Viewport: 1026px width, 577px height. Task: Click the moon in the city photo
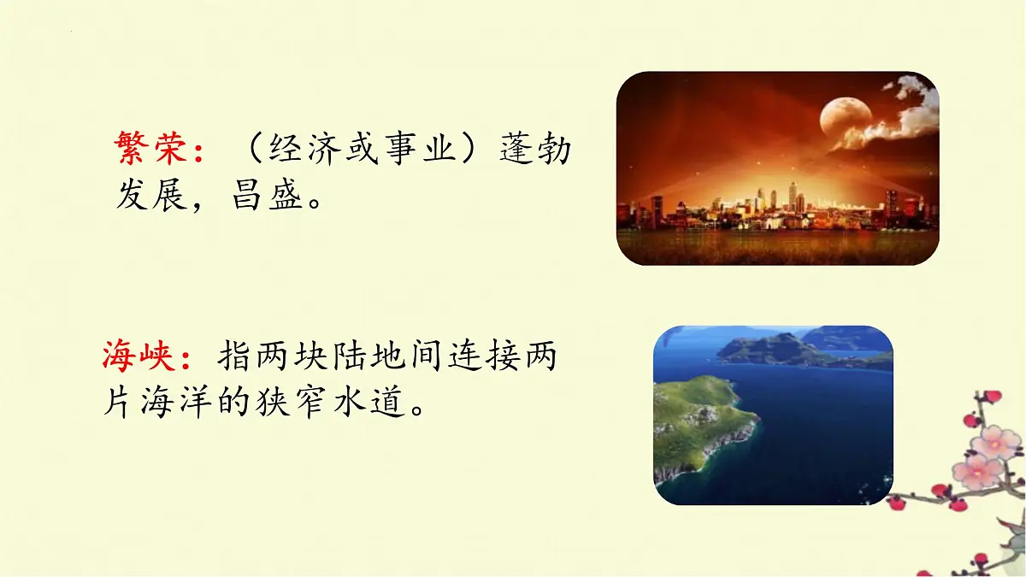[x=846, y=119]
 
